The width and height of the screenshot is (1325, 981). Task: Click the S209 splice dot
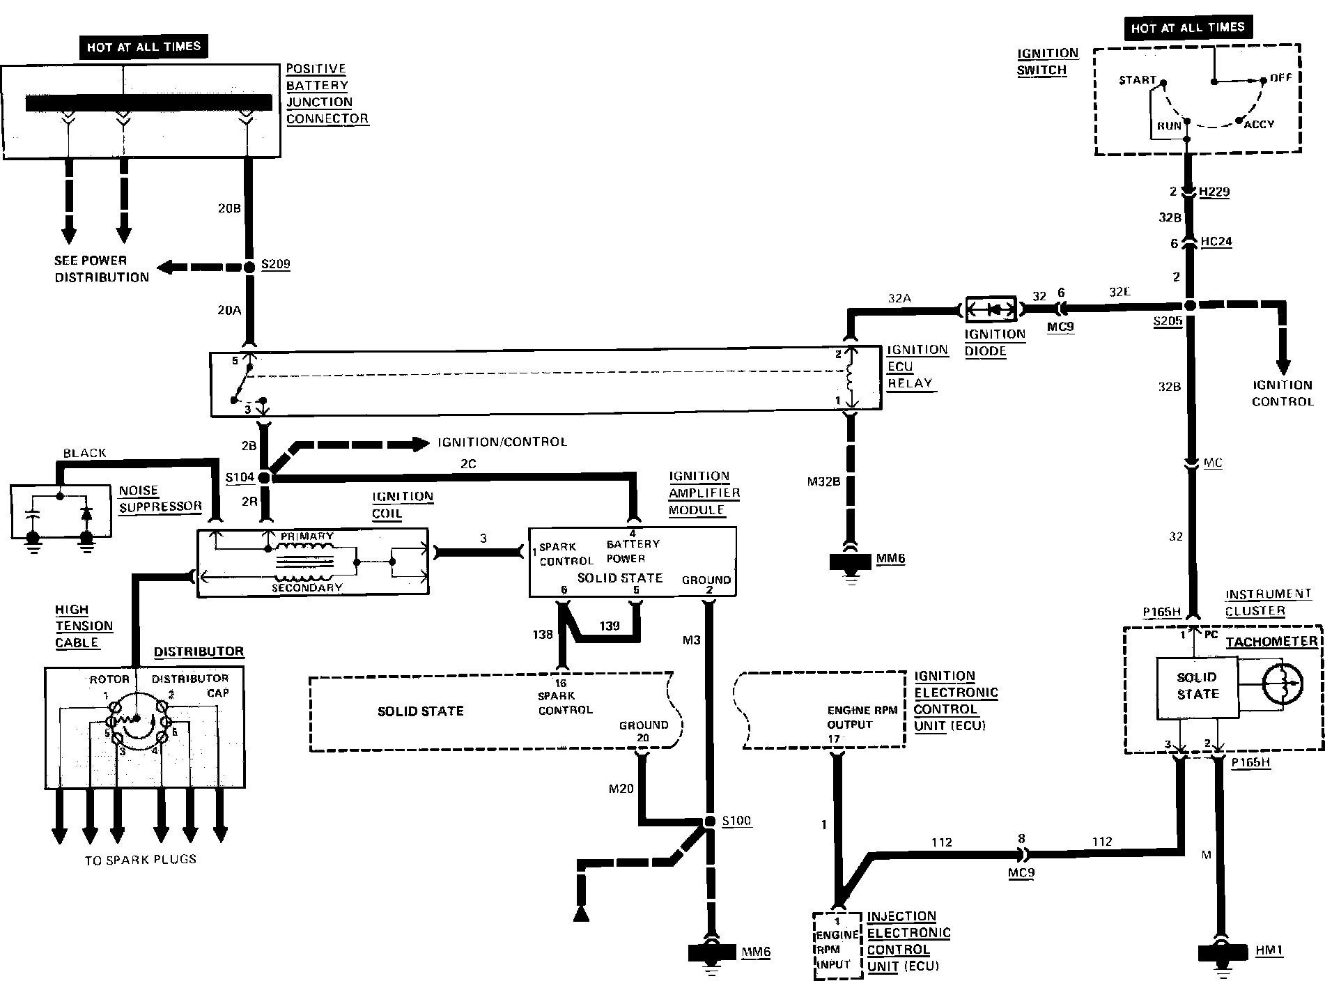coord(249,267)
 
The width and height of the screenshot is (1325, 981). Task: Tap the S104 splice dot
coord(265,478)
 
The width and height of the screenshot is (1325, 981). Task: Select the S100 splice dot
coord(709,821)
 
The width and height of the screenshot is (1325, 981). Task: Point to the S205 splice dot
coord(1190,306)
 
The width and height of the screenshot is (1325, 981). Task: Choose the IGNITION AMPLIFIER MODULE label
coord(704,493)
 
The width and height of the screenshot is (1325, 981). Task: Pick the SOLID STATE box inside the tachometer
coord(1198,686)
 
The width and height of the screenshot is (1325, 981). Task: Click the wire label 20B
coord(229,208)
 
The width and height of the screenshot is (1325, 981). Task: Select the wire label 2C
coord(468,464)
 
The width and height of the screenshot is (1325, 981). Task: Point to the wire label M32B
coord(823,481)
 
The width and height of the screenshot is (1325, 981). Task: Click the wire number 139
coord(609,626)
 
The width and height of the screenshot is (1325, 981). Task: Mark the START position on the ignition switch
coord(1137,80)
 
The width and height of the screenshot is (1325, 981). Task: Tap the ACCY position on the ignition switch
coord(1259,124)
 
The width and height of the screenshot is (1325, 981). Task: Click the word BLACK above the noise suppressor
coord(84,453)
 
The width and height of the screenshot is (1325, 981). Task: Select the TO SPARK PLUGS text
coord(141,860)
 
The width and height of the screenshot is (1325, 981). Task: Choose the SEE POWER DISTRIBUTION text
coord(101,269)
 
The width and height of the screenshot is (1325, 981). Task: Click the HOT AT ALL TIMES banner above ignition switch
coord(1187,28)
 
